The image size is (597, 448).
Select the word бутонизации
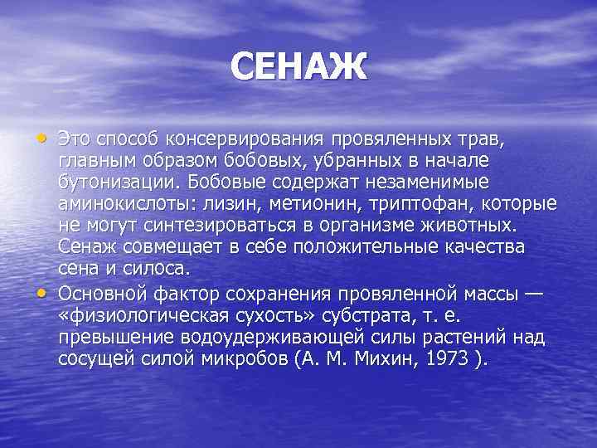click(x=114, y=182)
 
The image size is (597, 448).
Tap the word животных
click(x=471, y=226)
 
